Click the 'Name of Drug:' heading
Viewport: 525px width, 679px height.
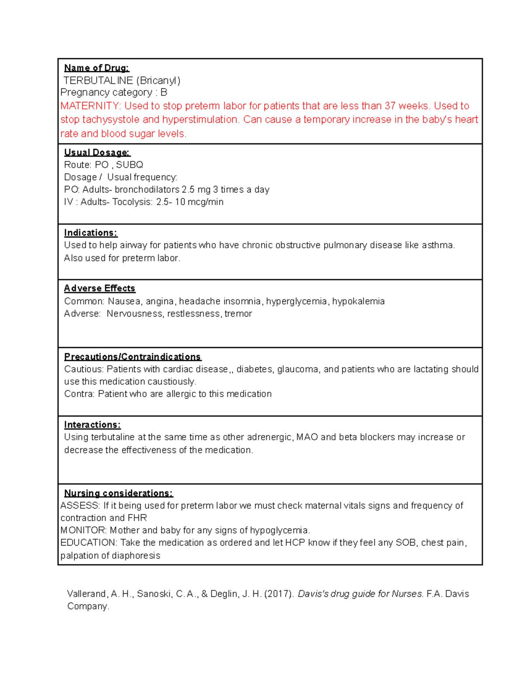(x=96, y=68)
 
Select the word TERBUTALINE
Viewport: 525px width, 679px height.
(x=98, y=80)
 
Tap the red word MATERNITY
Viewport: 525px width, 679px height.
(x=90, y=106)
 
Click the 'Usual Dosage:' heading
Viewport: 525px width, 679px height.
(x=97, y=153)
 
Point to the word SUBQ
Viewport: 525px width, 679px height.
(x=129, y=165)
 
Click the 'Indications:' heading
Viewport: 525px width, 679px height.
(x=91, y=233)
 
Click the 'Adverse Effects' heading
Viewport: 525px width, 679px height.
(x=99, y=288)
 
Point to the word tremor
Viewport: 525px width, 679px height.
(x=238, y=313)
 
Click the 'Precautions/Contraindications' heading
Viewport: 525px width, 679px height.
(x=132, y=357)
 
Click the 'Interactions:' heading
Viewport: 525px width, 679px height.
(x=92, y=425)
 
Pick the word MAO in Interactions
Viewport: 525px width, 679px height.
(x=307, y=437)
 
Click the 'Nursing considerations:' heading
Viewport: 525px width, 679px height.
(x=118, y=493)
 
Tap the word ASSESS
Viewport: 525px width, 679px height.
(x=80, y=506)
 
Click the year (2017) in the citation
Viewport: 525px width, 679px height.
(x=279, y=594)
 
